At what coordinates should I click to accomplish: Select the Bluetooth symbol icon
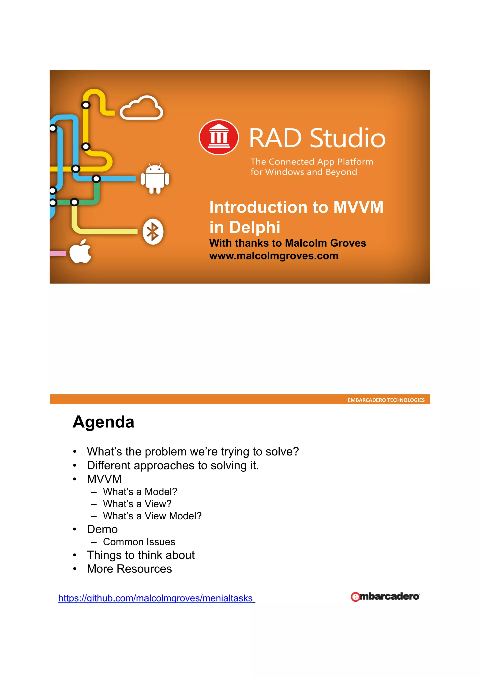point(153,232)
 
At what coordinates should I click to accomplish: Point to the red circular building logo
point(219,137)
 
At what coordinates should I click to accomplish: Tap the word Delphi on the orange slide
point(255,227)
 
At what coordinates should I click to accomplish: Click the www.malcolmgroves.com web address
point(274,256)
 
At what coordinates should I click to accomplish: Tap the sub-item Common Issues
point(139,542)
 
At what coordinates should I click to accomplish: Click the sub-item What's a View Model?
point(152,516)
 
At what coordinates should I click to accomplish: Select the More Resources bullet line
point(129,569)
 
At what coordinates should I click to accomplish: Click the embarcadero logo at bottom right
point(385,597)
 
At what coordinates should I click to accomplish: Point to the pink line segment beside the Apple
point(58,253)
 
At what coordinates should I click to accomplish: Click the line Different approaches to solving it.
point(173,466)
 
